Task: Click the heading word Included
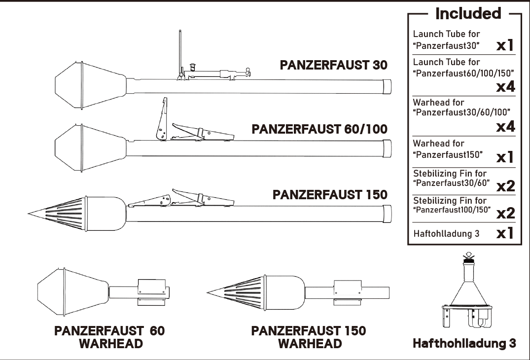coord(468,13)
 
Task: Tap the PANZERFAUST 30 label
coord(334,65)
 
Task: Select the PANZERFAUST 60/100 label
coord(319,129)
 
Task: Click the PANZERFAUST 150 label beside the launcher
coord(330,195)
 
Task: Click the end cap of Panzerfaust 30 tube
coord(387,86)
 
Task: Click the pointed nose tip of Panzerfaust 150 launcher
coord(29,214)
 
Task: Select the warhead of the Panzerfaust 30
coord(91,85)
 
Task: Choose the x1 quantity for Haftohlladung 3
coord(505,233)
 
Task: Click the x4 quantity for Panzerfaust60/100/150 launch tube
coord(506,86)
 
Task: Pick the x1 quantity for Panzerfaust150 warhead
coord(505,157)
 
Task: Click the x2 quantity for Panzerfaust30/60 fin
coord(506,186)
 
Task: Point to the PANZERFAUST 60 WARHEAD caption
coord(109,337)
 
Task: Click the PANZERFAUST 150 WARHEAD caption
coord(309,337)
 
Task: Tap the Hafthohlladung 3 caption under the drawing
coord(464,343)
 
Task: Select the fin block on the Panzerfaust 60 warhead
coord(152,292)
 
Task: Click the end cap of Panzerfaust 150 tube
coord(387,214)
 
